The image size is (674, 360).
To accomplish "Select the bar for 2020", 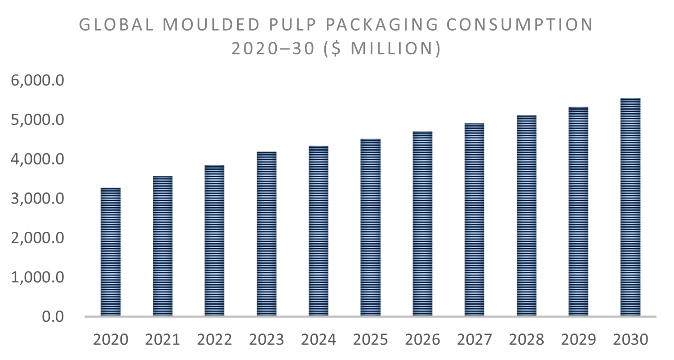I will point(110,252).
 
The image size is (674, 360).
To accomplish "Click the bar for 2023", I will point(266,234).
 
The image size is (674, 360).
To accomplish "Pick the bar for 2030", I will point(630,207).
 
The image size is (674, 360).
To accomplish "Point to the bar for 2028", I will point(527,216).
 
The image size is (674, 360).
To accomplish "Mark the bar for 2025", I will point(370,227).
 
